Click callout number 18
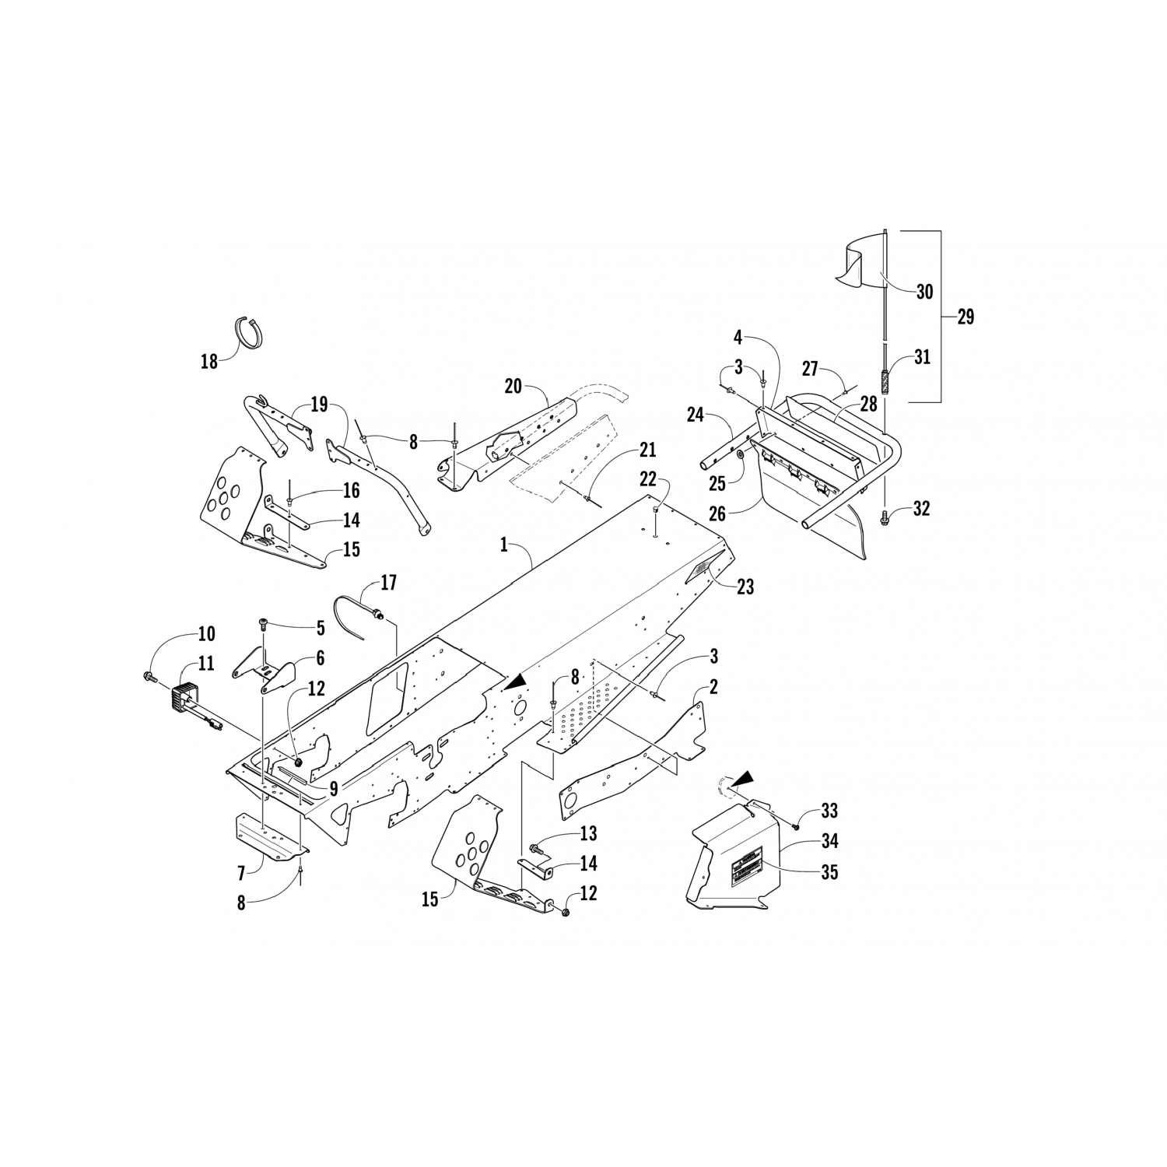(209, 362)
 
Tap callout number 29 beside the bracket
(965, 317)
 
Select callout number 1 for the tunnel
(504, 545)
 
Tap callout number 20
(513, 386)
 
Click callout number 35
(830, 872)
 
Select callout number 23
(745, 587)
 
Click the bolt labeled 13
(535, 847)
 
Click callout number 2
(714, 687)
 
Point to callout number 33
(830, 811)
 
